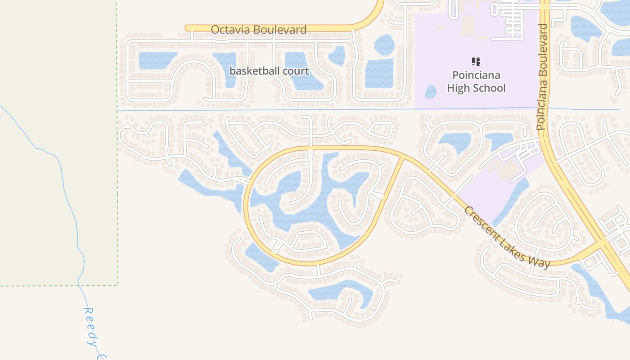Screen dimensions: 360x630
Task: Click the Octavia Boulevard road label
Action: click(x=258, y=30)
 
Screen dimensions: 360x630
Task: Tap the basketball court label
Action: click(x=269, y=71)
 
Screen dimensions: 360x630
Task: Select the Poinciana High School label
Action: click(x=476, y=81)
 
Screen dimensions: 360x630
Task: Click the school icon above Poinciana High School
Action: click(x=476, y=62)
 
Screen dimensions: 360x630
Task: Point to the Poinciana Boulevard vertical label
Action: click(x=543, y=76)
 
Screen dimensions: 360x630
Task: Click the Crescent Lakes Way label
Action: click(x=507, y=237)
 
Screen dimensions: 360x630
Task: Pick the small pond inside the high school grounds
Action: click(x=431, y=92)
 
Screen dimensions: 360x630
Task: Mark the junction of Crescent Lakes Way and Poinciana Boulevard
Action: click(x=602, y=245)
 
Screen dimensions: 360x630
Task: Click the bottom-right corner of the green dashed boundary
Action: click(x=118, y=285)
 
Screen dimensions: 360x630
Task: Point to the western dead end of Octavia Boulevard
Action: click(x=187, y=28)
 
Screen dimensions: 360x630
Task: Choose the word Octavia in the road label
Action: click(x=228, y=30)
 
